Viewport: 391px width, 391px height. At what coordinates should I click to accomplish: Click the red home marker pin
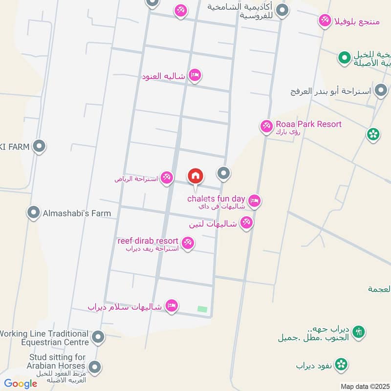195,176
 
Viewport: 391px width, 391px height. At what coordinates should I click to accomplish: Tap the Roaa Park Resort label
308,124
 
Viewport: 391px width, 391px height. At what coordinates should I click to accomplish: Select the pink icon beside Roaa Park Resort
266,126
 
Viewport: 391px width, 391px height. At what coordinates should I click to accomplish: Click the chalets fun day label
216,198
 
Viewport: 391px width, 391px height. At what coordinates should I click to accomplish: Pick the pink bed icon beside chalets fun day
254,200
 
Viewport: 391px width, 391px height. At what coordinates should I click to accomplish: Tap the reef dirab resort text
148,241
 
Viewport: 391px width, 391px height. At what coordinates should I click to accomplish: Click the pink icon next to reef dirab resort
187,242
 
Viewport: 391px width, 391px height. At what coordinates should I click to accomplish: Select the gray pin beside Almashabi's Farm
34,213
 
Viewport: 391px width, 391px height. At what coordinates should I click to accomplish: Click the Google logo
21,384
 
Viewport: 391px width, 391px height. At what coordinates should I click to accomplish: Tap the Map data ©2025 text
364,386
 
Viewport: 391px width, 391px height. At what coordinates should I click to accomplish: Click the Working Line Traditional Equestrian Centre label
44,338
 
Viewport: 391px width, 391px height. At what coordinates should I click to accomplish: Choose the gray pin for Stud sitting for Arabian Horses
95,366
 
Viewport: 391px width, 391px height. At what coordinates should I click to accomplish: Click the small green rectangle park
202,309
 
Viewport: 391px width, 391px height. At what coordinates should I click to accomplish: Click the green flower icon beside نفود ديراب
342,364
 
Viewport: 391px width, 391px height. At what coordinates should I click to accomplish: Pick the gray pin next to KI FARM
40,146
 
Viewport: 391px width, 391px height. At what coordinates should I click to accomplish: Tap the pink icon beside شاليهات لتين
246,223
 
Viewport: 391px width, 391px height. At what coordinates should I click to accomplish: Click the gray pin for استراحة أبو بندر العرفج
381,90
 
